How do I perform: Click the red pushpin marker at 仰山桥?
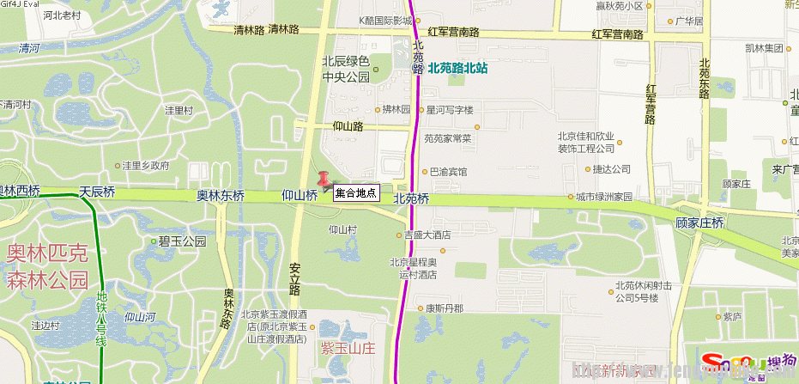click(x=324, y=180)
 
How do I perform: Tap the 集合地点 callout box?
click(x=355, y=193)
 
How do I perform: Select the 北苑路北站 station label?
click(x=458, y=66)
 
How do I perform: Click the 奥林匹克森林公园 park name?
click(x=47, y=266)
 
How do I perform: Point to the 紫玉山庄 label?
click(x=348, y=348)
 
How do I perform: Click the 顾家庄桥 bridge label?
click(x=700, y=222)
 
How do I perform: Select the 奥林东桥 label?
click(x=221, y=196)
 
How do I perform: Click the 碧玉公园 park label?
click(x=183, y=241)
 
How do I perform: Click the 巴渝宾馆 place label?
click(x=448, y=172)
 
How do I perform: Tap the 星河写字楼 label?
click(x=450, y=110)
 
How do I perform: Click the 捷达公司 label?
click(x=612, y=169)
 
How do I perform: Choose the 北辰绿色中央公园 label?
click(x=345, y=69)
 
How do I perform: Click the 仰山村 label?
click(x=342, y=229)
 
